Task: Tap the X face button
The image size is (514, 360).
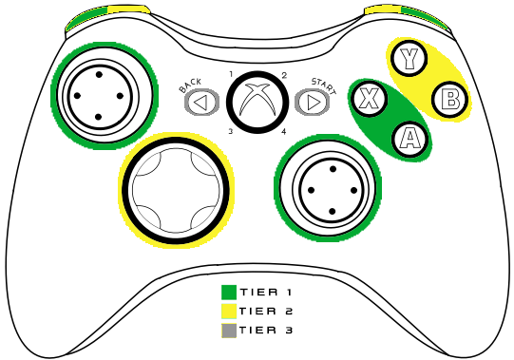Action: coord(370,97)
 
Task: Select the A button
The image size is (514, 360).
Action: coord(409,139)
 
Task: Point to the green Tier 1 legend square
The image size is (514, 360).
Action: coord(228,293)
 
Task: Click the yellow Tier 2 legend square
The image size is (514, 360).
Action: coord(228,312)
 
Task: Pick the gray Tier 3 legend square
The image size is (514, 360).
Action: coord(228,331)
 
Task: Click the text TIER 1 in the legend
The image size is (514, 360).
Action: coord(266,293)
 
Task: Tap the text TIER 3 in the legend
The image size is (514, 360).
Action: coord(266,331)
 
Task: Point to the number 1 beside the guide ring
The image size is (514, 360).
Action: coord(231,73)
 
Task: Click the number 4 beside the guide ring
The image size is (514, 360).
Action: coord(284,131)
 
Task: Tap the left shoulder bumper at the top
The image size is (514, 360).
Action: coord(107,13)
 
